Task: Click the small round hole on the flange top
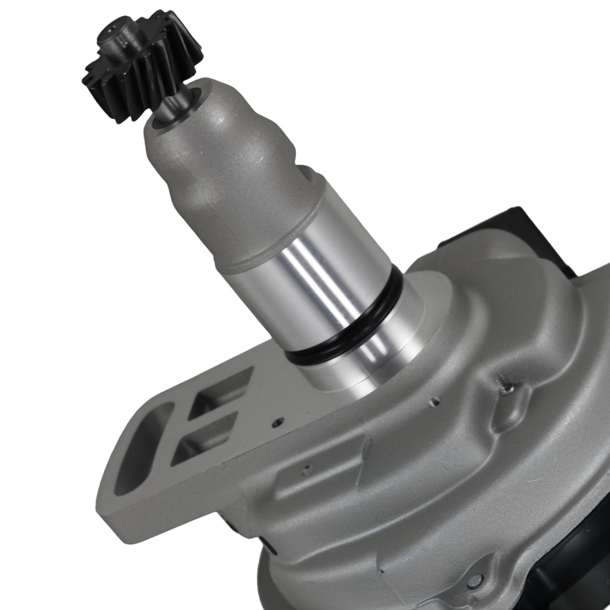[x=278, y=421]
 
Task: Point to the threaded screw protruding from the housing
[x=506, y=386]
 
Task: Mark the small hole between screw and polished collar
[x=434, y=401]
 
